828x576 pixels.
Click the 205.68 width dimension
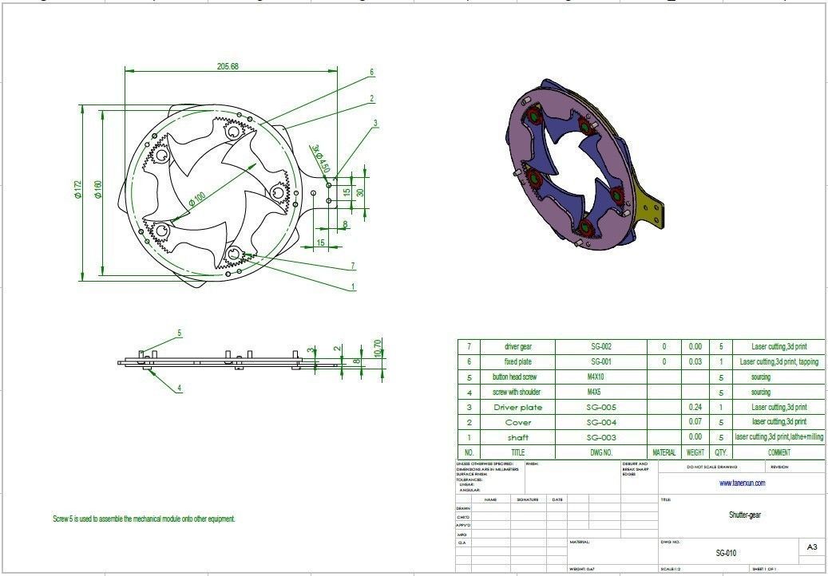(228, 66)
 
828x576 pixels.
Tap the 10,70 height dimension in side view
(378, 348)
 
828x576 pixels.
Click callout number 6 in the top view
(372, 72)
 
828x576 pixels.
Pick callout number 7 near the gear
(352, 266)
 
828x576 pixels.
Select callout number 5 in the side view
(180, 333)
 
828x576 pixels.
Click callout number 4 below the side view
(180, 389)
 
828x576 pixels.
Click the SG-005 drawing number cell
(600, 407)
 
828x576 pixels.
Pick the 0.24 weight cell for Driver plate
(695, 407)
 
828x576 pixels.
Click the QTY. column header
(721, 452)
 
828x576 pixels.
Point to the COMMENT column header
(778, 452)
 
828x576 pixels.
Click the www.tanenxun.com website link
(742, 483)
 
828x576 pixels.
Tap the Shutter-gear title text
(744, 515)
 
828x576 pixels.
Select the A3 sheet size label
(812, 547)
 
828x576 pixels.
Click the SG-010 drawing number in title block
(726, 553)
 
